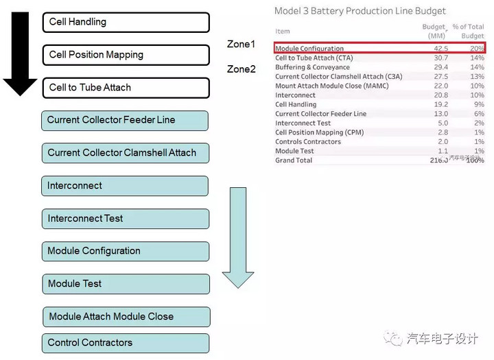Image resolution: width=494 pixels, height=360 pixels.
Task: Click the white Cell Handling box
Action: (126, 22)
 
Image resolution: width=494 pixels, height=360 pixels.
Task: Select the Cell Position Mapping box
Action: (126, 55)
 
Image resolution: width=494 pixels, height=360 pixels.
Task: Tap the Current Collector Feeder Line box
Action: (125, 120)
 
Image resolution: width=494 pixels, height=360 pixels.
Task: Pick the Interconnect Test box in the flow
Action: (125, 219)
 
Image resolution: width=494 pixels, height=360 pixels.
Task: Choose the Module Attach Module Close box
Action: (126, 317)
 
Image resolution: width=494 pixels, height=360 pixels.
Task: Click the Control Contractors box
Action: (126, 343)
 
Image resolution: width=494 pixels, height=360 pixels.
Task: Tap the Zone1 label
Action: (241, 45)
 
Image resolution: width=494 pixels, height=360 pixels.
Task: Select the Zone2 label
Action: (241, 69)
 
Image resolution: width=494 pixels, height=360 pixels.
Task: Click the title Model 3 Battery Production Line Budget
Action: (360, 11)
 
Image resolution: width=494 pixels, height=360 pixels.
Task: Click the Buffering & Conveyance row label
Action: (312, 68)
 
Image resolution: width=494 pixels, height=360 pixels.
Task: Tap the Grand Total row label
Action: (294, 160)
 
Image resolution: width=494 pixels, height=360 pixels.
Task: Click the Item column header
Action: (282, 31)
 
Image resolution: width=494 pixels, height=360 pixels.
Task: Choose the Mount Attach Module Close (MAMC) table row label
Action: (331, 86)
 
